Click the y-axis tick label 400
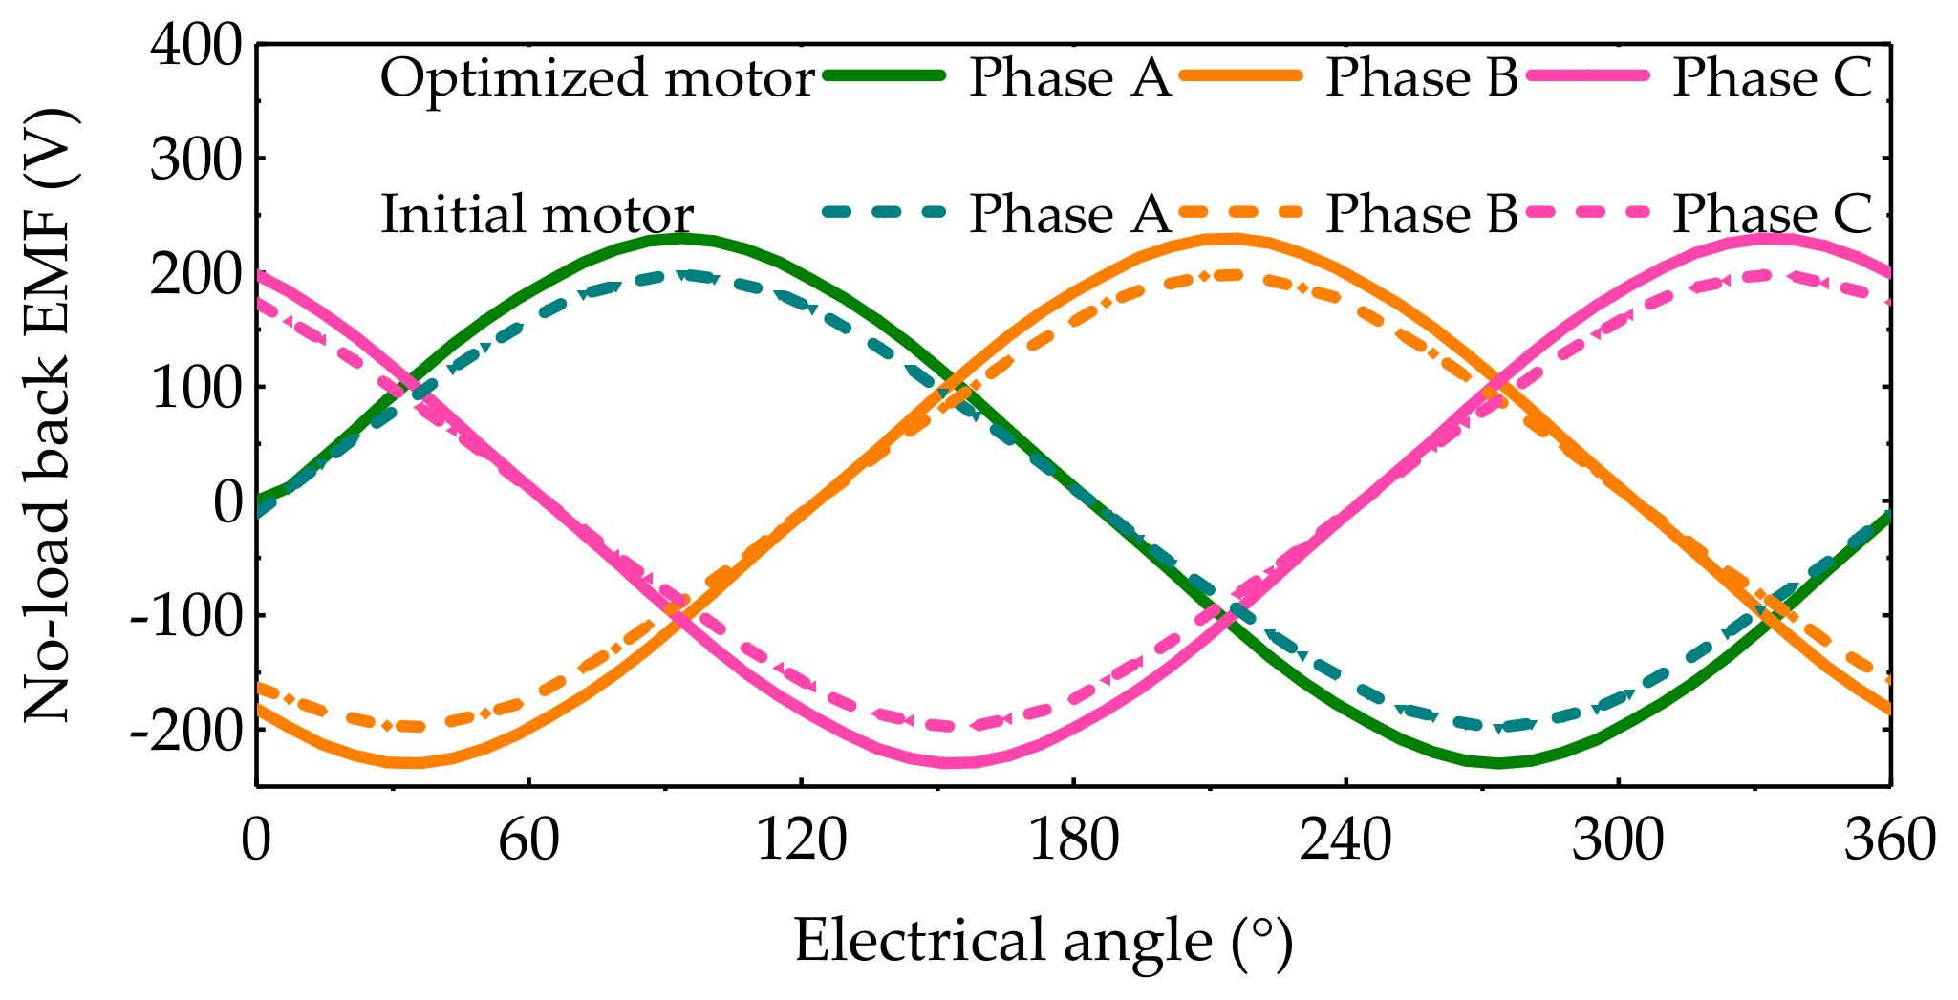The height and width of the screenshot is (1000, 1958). click(x=197, y=45)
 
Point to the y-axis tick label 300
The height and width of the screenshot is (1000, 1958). click(x=197, y=159)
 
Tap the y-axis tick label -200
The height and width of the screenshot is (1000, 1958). click(x=187, y=730)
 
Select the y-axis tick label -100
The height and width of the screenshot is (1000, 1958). click(x=187, y=615)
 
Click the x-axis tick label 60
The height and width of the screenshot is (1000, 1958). click(x=528, y=841)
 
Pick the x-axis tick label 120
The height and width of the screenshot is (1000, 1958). click(x=801, y=841)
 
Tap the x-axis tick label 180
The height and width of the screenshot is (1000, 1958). click(x=1073, y=841)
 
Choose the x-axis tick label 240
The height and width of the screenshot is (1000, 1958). click(x=1345, y=841)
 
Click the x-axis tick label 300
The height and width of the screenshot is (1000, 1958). click(x=1618, y=841)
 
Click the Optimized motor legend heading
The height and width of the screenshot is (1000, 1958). click(x=597, y=78)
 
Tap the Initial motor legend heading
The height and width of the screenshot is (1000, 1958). click(x=537, y=214)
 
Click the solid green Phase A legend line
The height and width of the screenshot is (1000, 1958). click(x=884, y=76)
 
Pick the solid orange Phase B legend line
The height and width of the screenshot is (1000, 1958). click(x=1240, y=76)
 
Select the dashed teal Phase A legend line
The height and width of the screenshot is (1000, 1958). click(x=884, y=212)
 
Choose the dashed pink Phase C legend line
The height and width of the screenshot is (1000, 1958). click(x=1587, y=212)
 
